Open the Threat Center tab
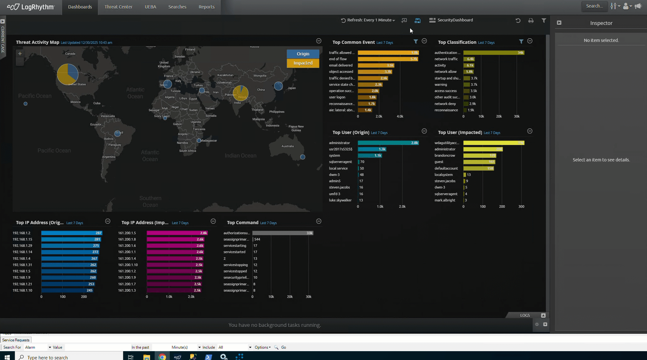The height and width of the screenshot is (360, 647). tap(118, 7)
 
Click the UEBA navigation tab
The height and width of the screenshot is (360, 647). tap(150, 7)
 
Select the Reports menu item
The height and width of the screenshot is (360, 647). tap(206, 7)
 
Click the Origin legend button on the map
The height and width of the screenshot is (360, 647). tap(303, 54)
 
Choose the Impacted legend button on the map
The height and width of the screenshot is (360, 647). tap(303, 63)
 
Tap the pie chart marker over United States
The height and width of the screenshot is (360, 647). tap(67, 74)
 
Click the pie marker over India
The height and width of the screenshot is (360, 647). tap(240, 93)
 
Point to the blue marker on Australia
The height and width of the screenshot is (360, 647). tap(302, 157)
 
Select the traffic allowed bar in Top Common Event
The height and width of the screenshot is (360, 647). tap(388, 53)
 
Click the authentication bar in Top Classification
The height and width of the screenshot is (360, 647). tap(493, 53)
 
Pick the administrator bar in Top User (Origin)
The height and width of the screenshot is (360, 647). tap(388, 143)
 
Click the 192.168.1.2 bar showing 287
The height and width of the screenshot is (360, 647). tap(71, 233)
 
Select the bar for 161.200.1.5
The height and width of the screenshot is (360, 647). tap(177, 233)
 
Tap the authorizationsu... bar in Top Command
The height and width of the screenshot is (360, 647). tap(283, 233)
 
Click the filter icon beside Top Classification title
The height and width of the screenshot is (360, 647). tap(521, 41)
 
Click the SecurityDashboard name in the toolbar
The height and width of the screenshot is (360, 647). tap(455, 20)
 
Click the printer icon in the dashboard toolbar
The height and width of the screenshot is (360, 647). tap(531, 21)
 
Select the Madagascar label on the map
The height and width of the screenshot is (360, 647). tap(209, 141)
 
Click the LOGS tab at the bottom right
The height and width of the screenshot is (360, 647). tap(525, 315)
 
